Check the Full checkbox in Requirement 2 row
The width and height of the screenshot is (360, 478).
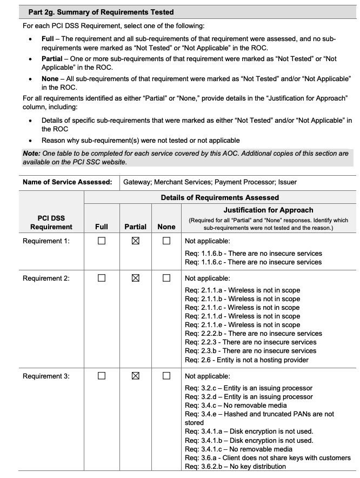(x=101, y=278)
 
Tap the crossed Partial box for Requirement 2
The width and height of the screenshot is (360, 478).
(x=136, y=278)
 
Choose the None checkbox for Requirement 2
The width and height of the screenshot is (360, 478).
(x=166, y=278)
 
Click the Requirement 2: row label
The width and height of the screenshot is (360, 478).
(x=46, y=278)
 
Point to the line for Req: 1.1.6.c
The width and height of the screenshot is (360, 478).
(x=253, y=262)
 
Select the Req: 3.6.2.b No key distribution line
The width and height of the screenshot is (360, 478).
(x=236, y=467)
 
